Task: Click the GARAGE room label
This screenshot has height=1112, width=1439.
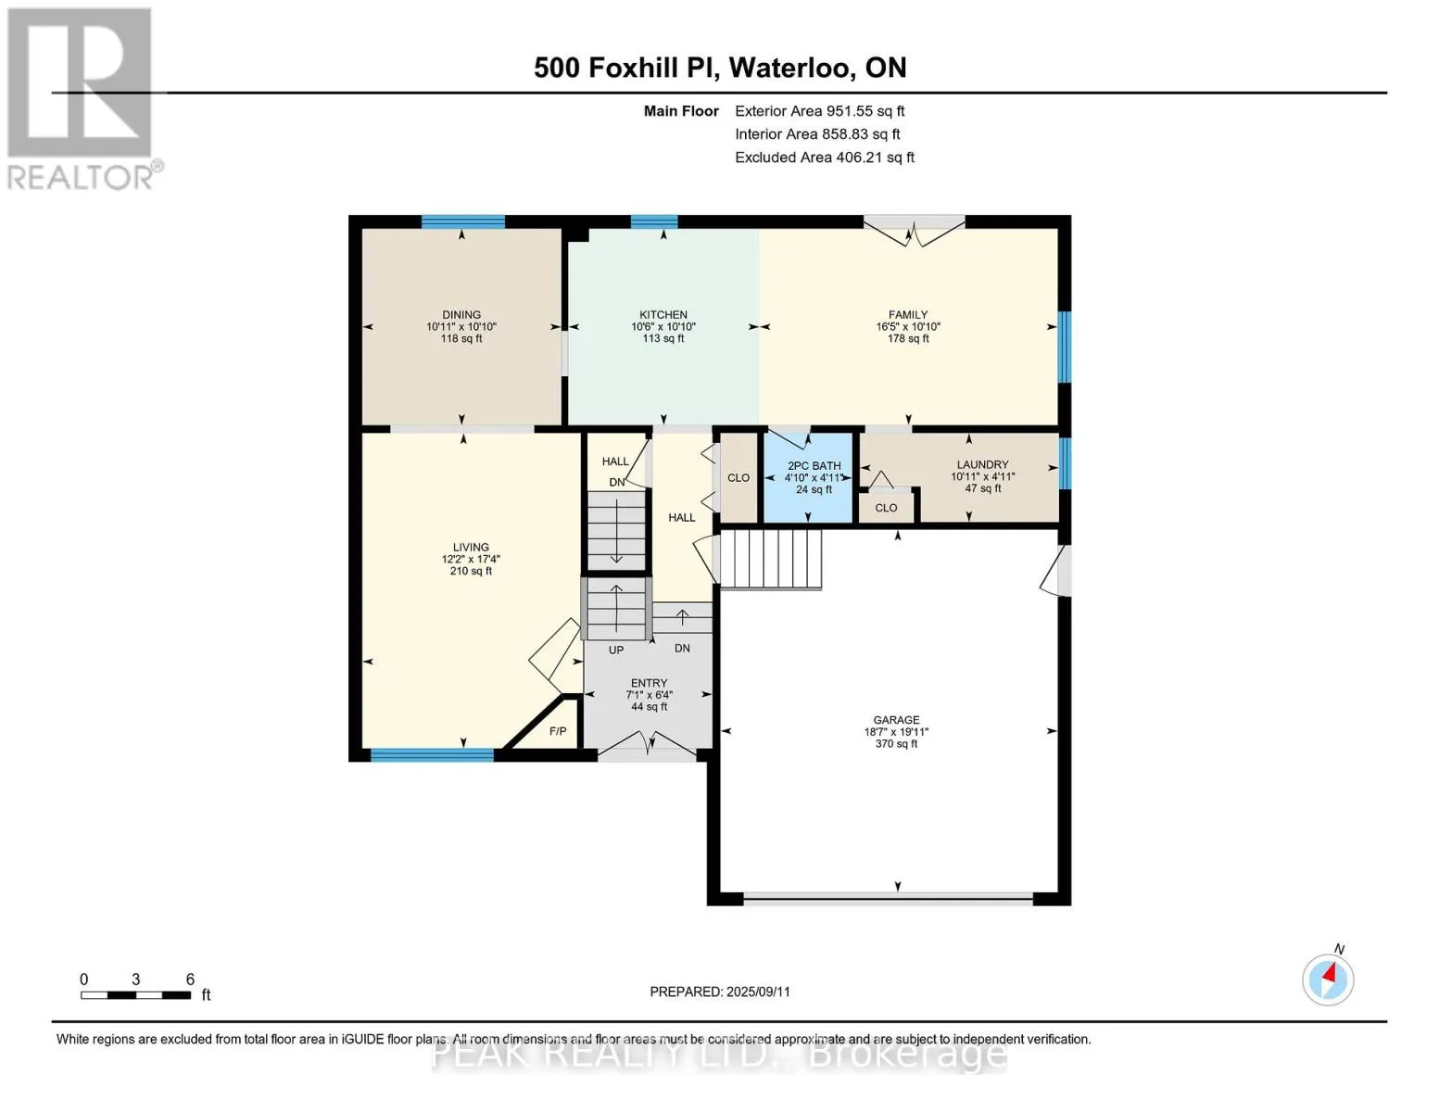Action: (896, 720)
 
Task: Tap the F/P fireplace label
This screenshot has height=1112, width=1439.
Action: (558, 731)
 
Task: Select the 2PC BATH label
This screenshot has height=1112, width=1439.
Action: (814, 465)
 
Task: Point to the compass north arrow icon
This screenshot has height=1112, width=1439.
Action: (1328, 979)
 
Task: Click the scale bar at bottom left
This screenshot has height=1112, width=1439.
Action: (136, 994)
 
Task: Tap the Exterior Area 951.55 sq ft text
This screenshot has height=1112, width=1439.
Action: (819, 111)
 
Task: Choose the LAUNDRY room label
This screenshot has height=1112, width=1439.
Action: (982, 465)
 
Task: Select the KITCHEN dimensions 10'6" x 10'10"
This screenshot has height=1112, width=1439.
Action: (663, 326)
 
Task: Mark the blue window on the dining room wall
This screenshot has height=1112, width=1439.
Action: (463, 221)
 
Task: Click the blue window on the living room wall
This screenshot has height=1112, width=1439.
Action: (432, 755)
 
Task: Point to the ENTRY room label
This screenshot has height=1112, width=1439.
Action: (649, 683)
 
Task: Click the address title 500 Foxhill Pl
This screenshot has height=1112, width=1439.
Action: (626, 68)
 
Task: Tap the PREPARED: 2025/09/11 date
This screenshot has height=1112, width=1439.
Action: (720, 992)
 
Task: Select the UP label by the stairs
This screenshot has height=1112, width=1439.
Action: (616, 651)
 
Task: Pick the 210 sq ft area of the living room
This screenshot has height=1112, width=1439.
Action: (471, 571)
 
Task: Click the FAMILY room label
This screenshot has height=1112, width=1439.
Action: (908, 314)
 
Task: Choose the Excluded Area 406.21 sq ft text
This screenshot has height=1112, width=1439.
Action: (825, 158)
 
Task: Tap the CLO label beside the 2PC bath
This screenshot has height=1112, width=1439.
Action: (738, 478)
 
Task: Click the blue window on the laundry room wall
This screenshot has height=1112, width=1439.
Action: (1064, 463)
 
